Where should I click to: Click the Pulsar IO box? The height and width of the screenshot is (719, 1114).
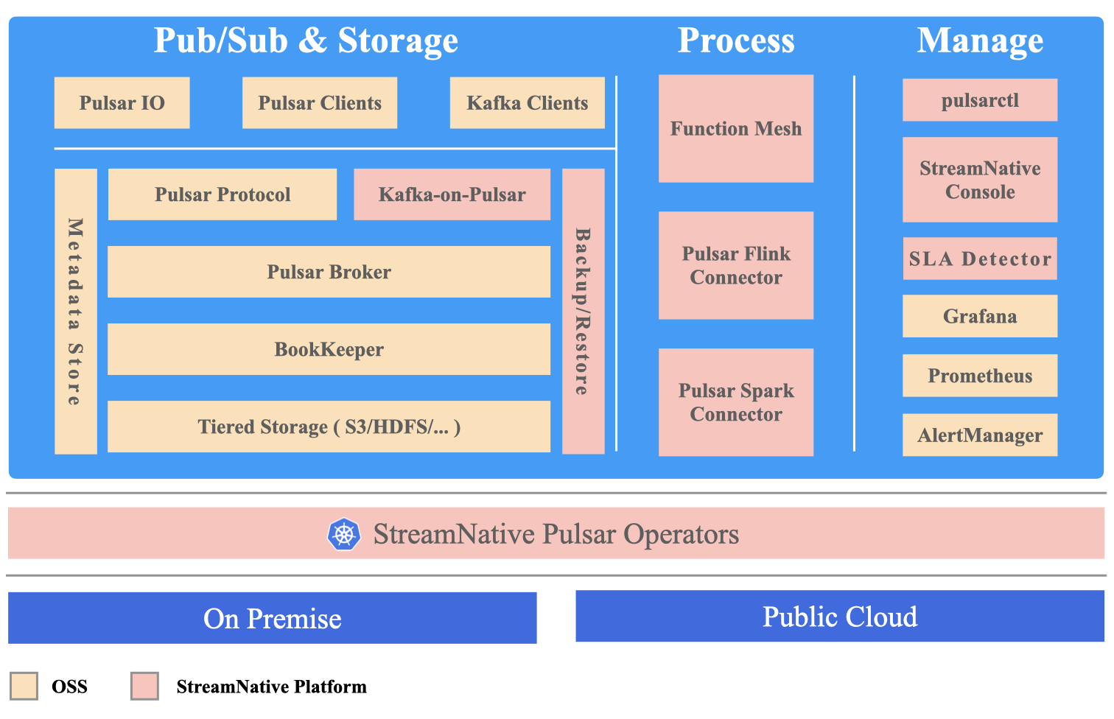[x=122, y=103]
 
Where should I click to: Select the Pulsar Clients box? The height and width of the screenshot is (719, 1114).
[x=320, y=103]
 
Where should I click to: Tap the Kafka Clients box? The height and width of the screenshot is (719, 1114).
[x=527, y=103]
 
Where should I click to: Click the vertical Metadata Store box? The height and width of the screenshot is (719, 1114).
[x=76, y=311]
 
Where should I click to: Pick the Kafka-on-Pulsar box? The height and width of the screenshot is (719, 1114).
[x=452, y=194]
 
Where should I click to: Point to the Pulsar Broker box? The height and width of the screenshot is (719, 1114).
[x=329, y=272]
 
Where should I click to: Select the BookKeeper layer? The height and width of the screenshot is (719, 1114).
[x=329, y=349]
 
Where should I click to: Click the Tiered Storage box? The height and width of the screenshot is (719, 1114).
[x=329, y=427]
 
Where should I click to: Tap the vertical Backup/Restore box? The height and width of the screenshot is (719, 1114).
[x=583, y=311]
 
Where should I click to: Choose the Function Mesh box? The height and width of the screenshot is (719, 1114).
[x=735, y=129]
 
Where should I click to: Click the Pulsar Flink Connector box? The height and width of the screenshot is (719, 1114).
[x=735, y=265]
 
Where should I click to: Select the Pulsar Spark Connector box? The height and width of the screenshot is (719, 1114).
[x=735, y=402]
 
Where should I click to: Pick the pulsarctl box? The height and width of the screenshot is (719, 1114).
[x=980, y=100]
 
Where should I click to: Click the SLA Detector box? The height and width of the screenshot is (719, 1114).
[x=980, y=259]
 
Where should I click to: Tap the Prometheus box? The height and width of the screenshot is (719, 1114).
[x=980, y=376]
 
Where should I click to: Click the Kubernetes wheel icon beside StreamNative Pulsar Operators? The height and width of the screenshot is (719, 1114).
[x=344, y=534]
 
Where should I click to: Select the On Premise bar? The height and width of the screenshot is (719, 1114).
[x=272, y=618]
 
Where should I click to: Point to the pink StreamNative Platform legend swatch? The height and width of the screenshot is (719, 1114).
[x=144, y=686]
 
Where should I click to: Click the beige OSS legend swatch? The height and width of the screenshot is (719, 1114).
[x=24, y=686]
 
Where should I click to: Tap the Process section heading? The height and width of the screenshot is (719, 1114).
[x=735, y=41]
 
